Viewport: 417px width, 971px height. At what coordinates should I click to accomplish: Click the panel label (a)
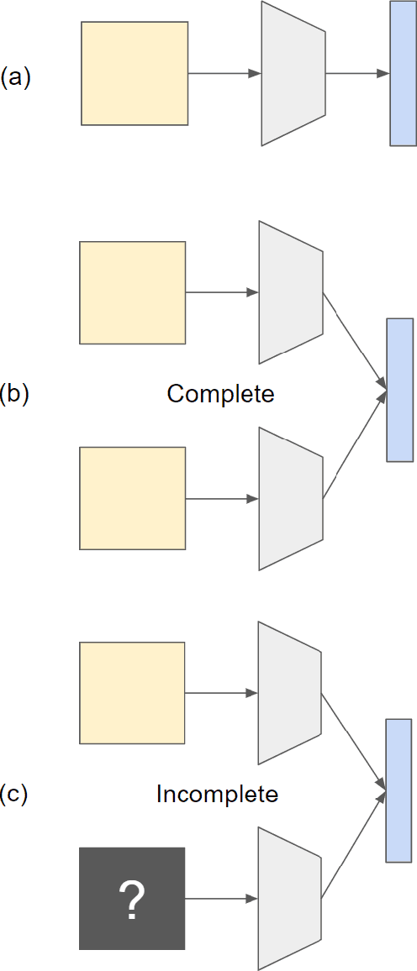click(15, 78)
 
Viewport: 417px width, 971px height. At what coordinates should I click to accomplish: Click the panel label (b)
click(14, 394)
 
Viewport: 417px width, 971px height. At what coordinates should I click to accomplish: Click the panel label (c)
click(14, 795)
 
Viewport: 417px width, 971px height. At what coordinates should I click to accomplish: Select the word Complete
click(220, 394)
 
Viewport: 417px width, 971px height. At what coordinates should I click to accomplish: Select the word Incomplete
click(217, 794)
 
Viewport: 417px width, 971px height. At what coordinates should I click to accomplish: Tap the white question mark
click(132, 900)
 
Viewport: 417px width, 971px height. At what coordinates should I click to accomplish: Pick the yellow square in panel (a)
click(135, 74)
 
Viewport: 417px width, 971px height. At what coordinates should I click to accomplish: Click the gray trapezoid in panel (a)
click(293, 74)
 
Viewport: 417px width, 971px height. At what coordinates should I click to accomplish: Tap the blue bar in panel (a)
click(403, 74)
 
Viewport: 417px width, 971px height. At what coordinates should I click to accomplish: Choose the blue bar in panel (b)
click(399, 390)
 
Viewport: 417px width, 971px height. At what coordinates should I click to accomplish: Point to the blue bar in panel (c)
click(399, 790)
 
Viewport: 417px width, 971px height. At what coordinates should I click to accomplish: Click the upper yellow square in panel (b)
click(132, 293)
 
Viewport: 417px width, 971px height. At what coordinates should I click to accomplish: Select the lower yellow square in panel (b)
click(132, 499)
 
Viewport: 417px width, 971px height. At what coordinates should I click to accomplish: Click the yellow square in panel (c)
click(132, 693)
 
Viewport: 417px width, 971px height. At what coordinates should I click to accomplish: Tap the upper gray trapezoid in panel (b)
click(291, 292)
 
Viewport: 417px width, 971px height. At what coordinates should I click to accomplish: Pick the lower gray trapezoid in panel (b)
click(291, 499)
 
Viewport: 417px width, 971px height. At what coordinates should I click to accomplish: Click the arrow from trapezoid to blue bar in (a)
click(357, 74)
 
